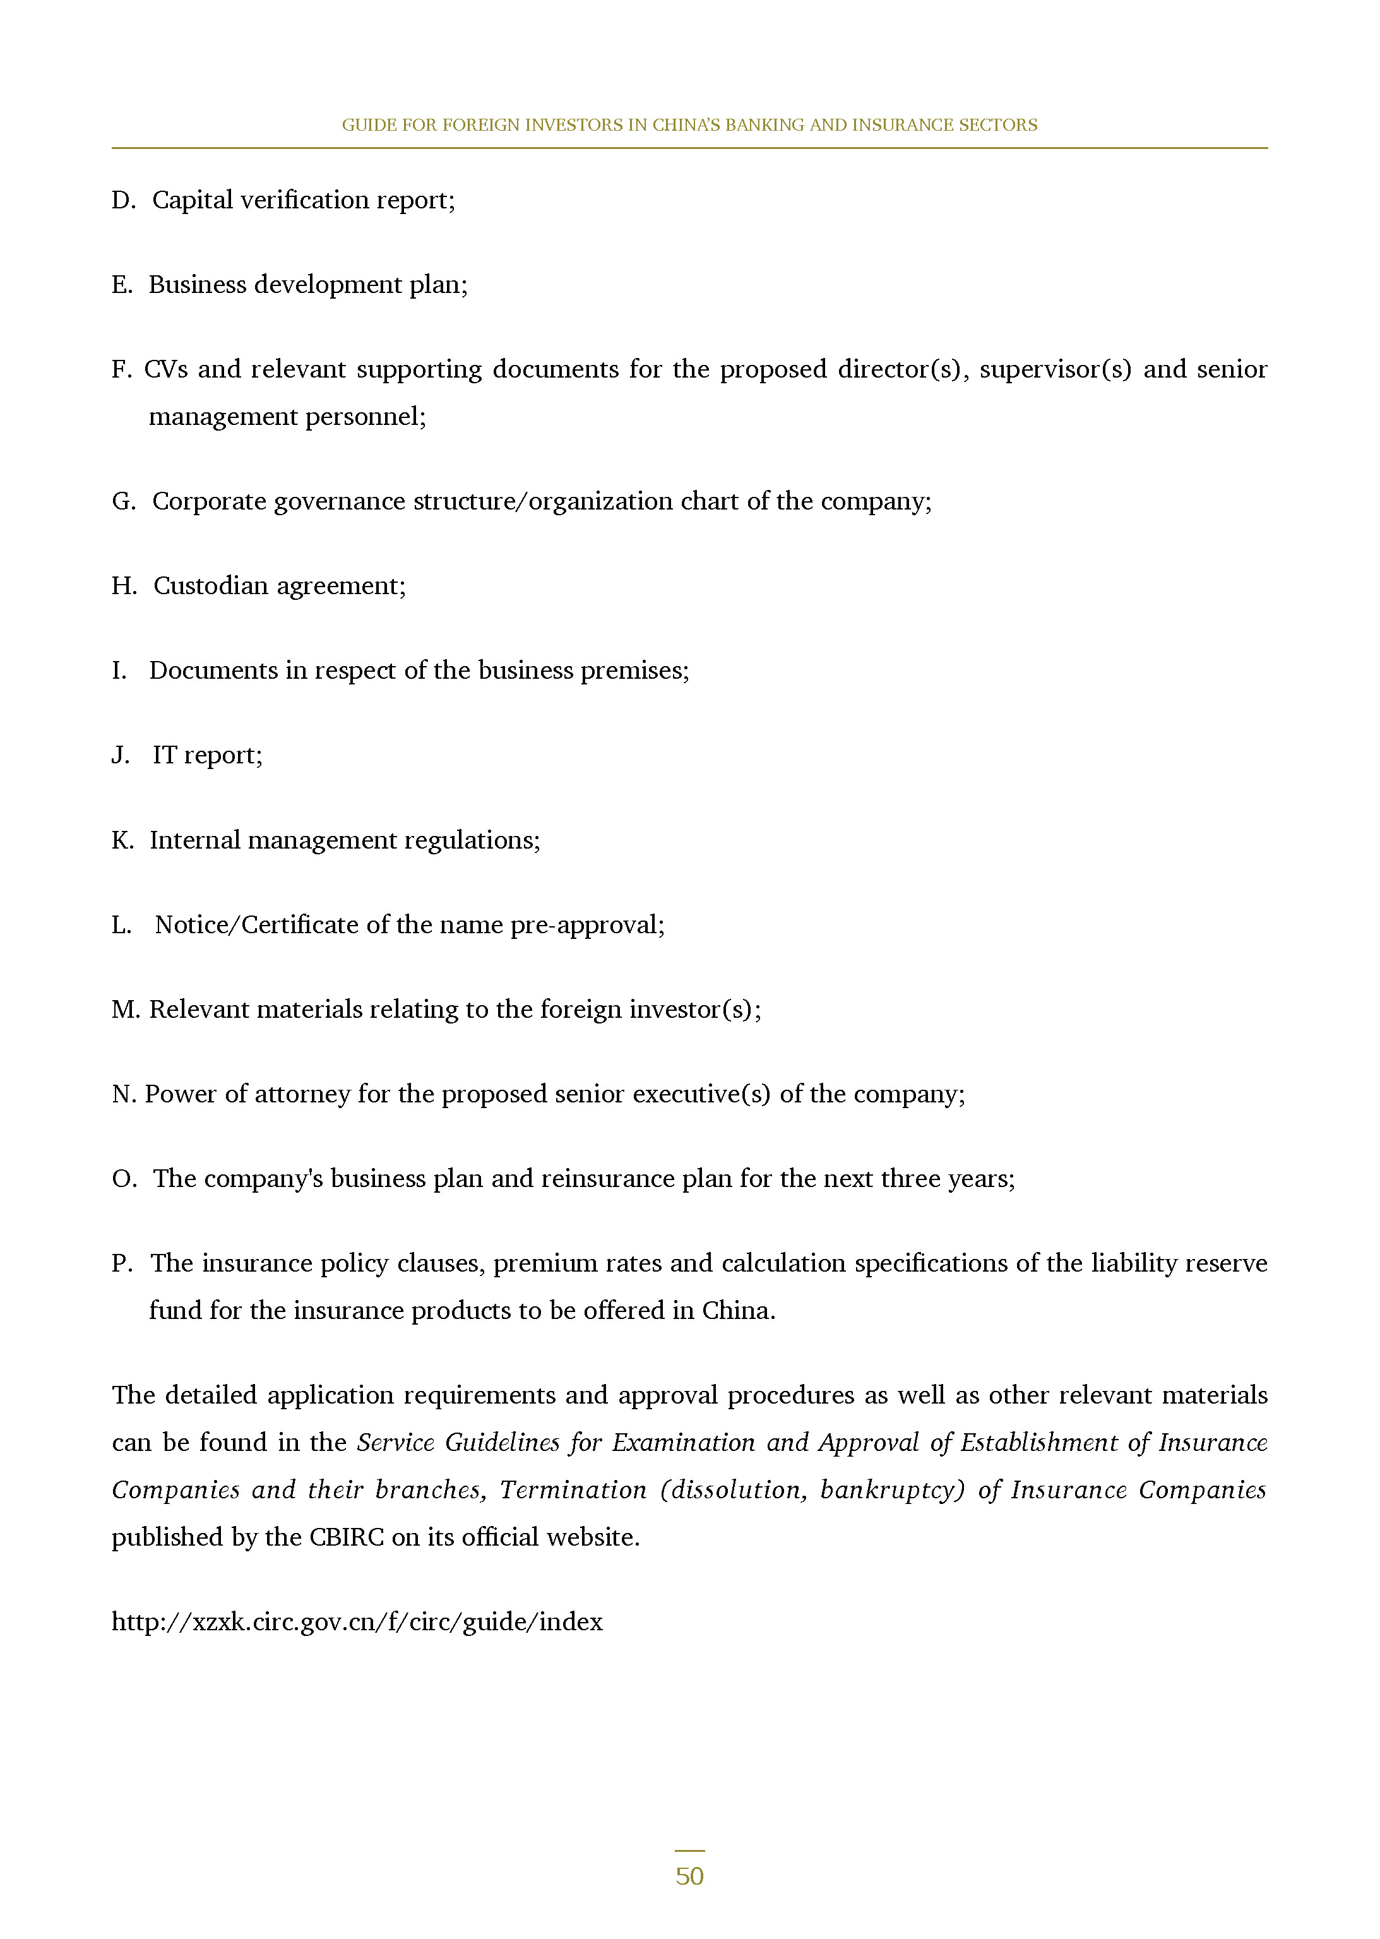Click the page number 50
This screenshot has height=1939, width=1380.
tap(689, 1875)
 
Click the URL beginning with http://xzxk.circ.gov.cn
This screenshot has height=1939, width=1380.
tap(357, 1621)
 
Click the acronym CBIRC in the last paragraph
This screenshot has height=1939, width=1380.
tap(347, 1537)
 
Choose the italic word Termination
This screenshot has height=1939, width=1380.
tap(573, 1489)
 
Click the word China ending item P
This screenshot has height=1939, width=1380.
tap(736, 1310)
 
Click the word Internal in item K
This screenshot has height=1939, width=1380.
tap(194, 840)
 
